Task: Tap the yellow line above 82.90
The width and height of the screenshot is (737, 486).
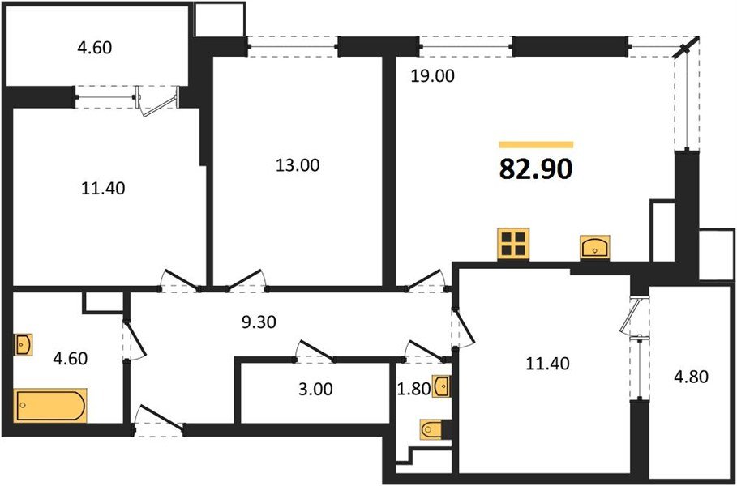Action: [x=535, y=144]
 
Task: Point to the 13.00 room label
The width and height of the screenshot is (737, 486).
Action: [x=297, y=165]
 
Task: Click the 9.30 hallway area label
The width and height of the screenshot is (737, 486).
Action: [x=259, y=322]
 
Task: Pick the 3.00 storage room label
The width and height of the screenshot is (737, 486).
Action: [x=315, y=389]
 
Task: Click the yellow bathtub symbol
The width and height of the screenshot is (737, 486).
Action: [x=50, y=405]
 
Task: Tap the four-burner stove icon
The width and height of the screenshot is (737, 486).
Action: [x=513, y=242]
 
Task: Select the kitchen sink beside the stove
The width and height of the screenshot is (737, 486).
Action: [x=596, y=247]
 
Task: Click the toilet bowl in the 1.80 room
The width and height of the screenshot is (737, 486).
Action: [x=431, y=428]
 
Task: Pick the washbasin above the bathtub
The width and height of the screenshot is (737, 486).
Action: [x=24, y=345]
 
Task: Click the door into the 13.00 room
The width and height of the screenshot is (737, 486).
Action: [x=248, y=280]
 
